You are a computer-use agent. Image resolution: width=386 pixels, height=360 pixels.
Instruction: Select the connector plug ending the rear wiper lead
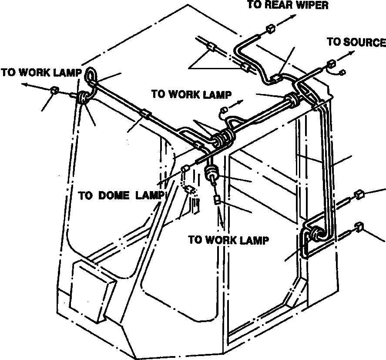[x=270, y=30]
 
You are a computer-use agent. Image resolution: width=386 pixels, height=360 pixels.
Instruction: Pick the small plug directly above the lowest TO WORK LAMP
[x=216, y=200]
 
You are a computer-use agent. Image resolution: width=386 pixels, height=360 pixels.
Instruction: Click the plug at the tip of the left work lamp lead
[x=55, y=91]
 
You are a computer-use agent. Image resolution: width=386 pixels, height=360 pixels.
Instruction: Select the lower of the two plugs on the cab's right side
[x=359, y=226]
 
